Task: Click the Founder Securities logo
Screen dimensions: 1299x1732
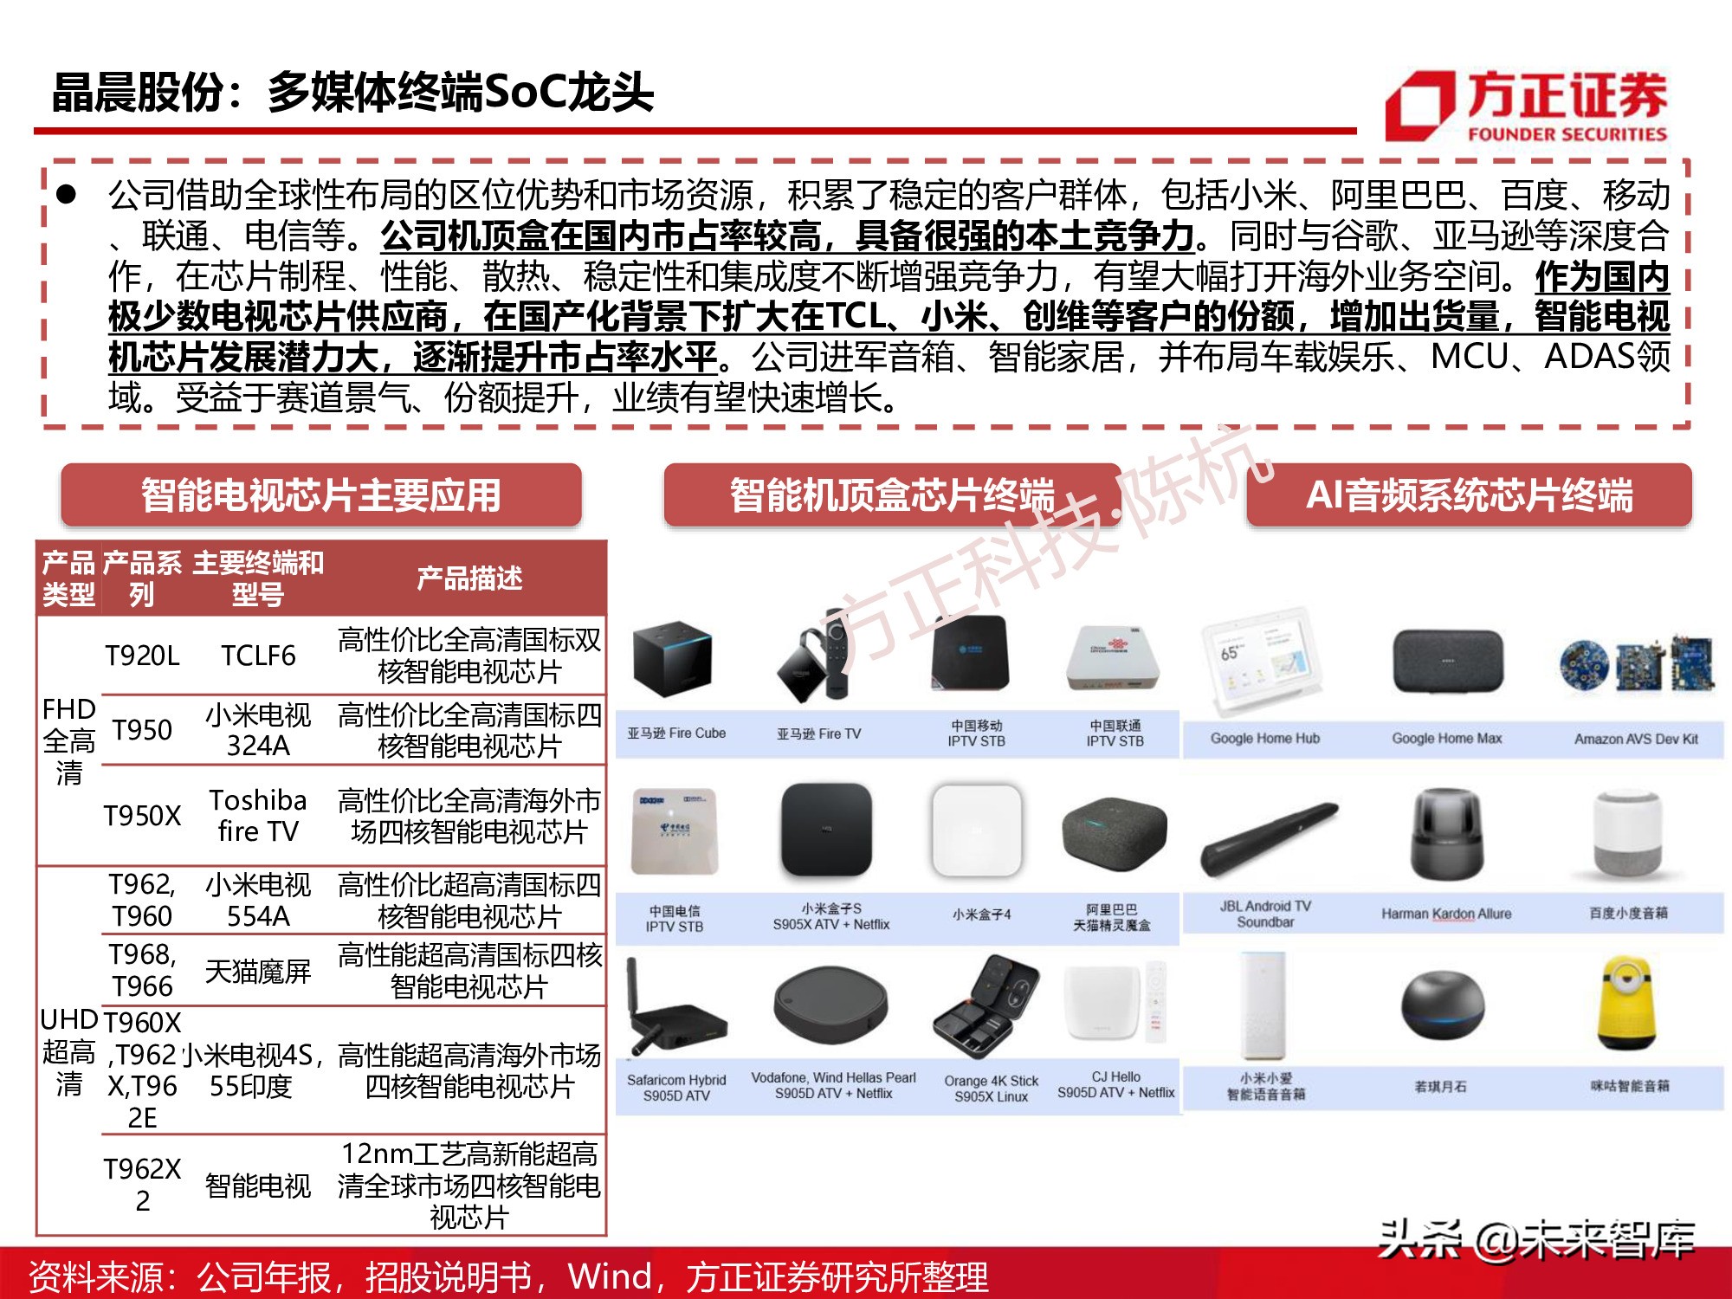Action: (1526, 107)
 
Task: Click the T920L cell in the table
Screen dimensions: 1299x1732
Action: (142, 656)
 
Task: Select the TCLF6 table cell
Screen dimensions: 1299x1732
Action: (258, 656)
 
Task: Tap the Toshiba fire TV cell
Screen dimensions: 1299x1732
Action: (258, 815)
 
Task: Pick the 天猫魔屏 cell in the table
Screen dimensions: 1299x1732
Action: (258, 971)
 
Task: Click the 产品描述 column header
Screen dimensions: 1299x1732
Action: (469, 578)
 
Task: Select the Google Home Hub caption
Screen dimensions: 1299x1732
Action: (1264, 739)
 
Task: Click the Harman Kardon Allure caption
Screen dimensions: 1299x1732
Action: (1445, 914)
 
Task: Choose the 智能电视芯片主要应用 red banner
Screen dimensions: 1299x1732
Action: (320, 495)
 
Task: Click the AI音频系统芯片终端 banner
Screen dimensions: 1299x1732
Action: (1469, 495)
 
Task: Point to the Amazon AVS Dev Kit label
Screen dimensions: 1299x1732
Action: (1635, 739)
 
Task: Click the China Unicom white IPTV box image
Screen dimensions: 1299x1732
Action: (1115, 657)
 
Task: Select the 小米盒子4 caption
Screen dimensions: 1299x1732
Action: (981, 914)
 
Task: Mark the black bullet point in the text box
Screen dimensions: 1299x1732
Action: (67, 195)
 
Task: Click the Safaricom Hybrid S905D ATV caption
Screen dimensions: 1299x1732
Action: (676, 1088)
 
